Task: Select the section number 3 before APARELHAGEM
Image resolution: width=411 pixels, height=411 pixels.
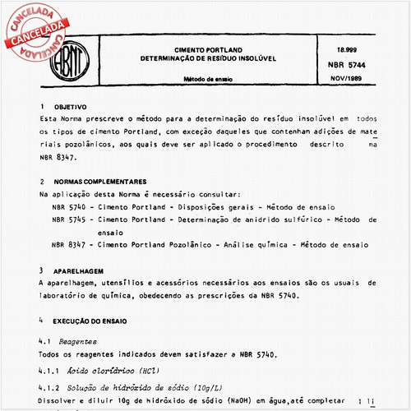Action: pos(42,270)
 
